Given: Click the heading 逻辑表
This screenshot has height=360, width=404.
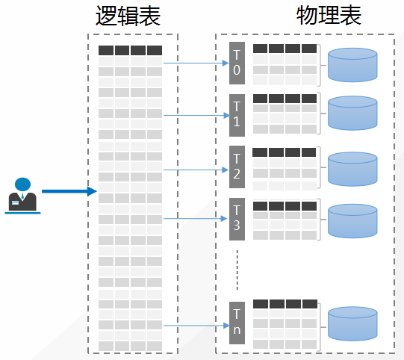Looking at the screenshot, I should tap(128, 16).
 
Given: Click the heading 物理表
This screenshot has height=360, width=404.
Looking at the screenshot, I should tap(329, 16).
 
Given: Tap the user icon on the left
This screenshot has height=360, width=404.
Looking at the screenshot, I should tap(22, 195).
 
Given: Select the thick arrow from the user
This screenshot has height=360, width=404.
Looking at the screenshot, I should tap(69, 191).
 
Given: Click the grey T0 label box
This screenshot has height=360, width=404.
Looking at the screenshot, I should tap(237, 63).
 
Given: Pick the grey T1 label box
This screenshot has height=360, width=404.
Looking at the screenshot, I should tap(237, 114).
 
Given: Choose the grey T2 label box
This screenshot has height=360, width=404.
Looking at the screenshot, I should tap(237, 166).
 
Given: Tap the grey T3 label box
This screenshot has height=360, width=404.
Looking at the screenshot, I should tap(237, 217).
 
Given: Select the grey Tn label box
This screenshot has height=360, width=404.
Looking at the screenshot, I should tap(237, 322).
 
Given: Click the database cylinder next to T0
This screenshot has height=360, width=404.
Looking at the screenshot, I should tap(352, 65).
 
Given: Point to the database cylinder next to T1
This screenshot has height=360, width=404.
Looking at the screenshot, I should tap(352, 114).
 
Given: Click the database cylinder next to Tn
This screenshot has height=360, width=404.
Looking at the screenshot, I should tap(352, 323).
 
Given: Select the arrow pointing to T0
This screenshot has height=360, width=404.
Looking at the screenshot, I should tap(196, 63).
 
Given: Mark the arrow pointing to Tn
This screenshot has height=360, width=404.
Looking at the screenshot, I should tap(196, 326).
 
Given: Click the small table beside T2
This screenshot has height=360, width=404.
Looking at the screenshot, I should tap(285, 167).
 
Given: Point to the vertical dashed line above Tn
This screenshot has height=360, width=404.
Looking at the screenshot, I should tap(237, 270).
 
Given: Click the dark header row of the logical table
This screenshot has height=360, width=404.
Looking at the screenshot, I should tap(130, 51).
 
